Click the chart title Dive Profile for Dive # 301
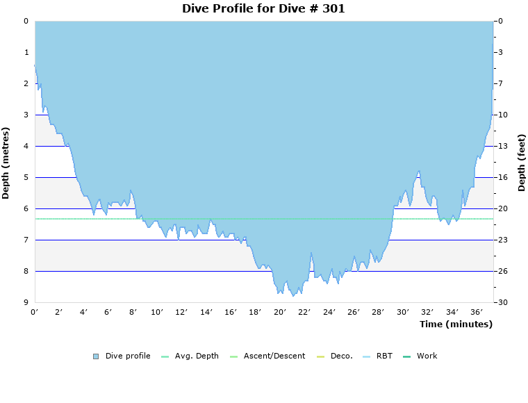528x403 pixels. coord(263,9)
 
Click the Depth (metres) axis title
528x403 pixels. coord(6,163)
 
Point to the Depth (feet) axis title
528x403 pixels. coord(522,163)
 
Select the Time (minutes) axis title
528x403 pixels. coord(456,324)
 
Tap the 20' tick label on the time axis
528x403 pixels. coord(280,313)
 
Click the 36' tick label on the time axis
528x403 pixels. coord(477,313)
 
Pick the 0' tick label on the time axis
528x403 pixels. coord(35,313)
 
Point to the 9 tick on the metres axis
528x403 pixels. coord(26,302)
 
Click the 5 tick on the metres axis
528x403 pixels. coord(26,177)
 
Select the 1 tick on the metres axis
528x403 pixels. coord(26,52)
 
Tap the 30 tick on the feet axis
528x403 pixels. coord(502,302)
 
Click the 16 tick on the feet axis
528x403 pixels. coord(502,177)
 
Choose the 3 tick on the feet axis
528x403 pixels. coord(500,52)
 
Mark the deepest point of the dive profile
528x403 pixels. coord(294,296)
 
